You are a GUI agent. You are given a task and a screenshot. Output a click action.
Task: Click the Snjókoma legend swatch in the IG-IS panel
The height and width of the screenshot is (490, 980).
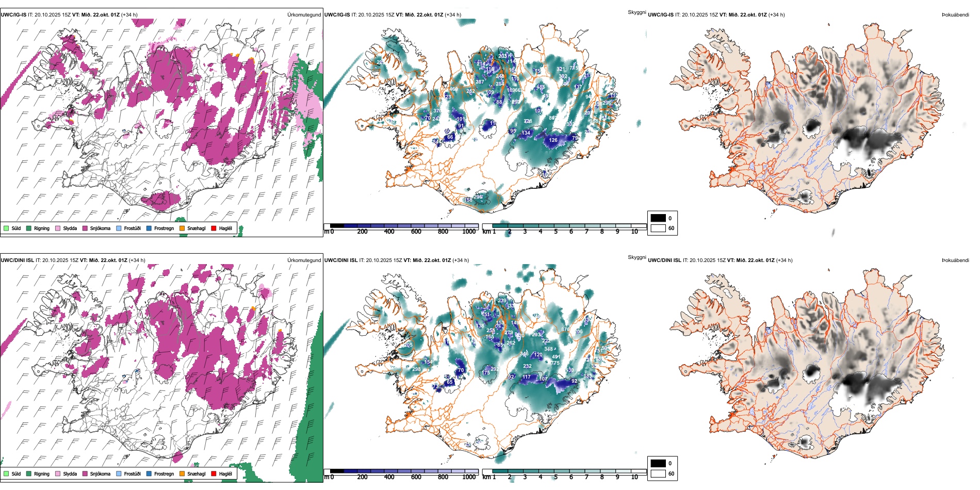[85, 228]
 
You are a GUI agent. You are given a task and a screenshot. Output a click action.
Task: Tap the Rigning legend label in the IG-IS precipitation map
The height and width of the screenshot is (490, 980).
[42, 228]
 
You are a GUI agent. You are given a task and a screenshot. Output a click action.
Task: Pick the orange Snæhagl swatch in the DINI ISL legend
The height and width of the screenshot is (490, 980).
[182, 473]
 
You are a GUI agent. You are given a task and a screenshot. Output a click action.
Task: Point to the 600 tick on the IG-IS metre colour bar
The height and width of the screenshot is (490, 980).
[416, 232]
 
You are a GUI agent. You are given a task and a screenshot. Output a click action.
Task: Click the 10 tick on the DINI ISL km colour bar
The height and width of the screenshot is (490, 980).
[634, 477]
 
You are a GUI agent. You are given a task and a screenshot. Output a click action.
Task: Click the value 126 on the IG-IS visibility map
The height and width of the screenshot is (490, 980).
[553, 140]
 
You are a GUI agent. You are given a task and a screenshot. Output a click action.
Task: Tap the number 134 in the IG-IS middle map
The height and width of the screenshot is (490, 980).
[526, 133]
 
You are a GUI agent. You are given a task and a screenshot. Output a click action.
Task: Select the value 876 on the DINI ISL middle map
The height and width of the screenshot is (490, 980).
[565, 329]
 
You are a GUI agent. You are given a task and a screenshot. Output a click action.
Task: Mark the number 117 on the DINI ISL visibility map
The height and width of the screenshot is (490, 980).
[526, 377]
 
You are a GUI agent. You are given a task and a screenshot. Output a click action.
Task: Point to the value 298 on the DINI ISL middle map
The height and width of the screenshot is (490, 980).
[416, 369]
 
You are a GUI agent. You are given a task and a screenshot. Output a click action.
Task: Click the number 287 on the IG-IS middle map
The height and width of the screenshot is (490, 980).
[480, 82]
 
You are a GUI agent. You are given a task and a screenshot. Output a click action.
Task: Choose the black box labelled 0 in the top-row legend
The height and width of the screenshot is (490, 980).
[658, 218]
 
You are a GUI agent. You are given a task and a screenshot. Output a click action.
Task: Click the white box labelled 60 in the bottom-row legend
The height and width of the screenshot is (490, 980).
[658, 473]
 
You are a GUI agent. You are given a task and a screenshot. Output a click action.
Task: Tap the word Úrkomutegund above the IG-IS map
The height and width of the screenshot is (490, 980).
[304, 14]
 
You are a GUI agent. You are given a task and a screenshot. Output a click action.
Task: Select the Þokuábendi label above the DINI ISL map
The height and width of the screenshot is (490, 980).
[955, 260]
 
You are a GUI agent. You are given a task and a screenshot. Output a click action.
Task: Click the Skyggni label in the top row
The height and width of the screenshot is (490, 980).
[636, 12]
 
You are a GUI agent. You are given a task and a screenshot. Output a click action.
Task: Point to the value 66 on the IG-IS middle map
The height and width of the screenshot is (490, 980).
[450, 137]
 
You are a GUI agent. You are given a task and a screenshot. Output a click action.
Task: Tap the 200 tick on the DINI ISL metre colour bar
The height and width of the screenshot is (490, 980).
[362, 477]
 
